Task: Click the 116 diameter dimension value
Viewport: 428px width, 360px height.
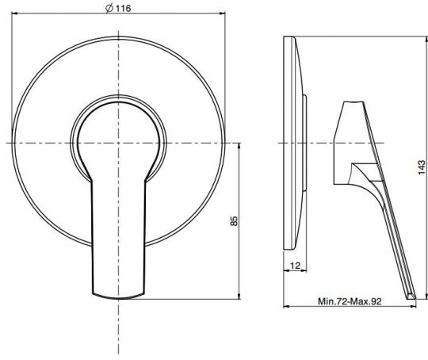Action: click(x=124, y=9)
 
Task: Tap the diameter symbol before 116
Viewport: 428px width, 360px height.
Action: click(x=109, y=9)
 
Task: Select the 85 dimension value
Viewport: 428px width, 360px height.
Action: click(x=234, y=220)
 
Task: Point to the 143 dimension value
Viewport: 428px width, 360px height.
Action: click(x=422, y=167)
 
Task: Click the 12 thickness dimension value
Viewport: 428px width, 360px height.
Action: click(x=295, y=266)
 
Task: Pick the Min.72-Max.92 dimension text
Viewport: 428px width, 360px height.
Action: click(x=350, y=301)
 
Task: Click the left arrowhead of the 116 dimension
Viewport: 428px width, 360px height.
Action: click(x=14, y=13)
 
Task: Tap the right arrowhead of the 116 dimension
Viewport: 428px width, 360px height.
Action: click(x=223, y=13)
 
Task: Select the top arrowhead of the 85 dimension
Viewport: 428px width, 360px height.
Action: click(x=239, y=146)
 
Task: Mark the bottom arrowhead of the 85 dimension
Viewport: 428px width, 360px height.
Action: click(x=239, y=296)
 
